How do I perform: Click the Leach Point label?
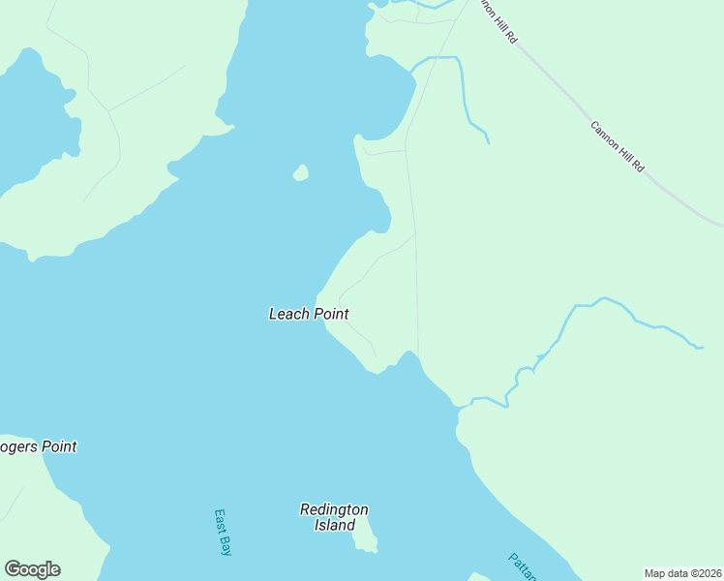tap(308, 314)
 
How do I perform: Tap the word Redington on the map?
tap(334, 509)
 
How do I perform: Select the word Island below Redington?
tap(334, 526)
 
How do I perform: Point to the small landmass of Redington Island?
tap(365, 535)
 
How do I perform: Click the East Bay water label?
tap(224, 532)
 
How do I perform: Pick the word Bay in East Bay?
tap(226, 546)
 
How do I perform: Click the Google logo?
tap(32, 569)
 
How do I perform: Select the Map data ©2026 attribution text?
tap(683, 573)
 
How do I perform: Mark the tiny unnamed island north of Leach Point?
tap(301, 173)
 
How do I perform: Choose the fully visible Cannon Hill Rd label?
tap(618, 146)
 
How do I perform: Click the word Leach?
tap(288, 314)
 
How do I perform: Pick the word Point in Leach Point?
tap(330, 314)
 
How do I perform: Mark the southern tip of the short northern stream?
tap(488, 143)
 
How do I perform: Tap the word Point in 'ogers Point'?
tap(56, 446)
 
